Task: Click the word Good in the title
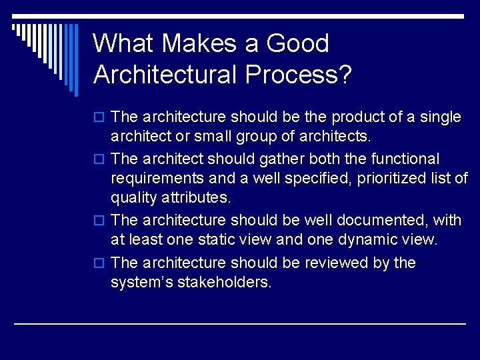click(297, 44)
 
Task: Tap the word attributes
click(197, 198)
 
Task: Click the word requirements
click(157, 179)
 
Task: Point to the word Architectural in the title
click(165, 75)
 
